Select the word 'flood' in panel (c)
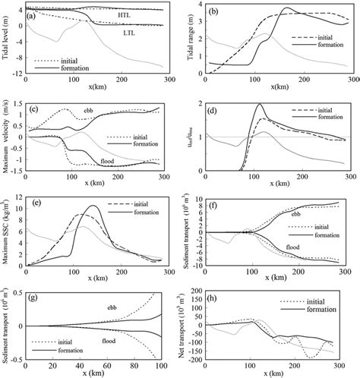click(110, 160)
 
